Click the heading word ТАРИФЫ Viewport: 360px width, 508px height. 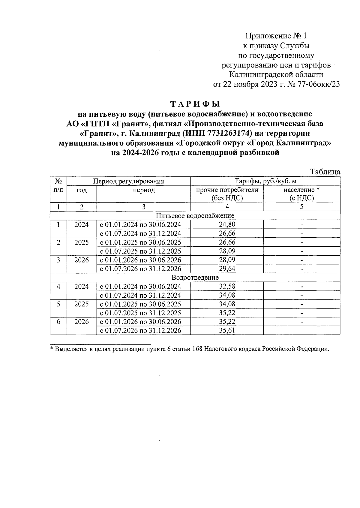(x=195, y=104)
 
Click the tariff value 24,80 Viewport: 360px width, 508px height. (x=227, y=224)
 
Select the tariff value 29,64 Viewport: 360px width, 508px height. (x=227, y=269)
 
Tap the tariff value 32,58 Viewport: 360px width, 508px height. (x=227, y=286)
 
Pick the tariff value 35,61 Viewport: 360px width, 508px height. (x=227, y=330)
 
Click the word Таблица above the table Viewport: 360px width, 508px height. (x=325, y=172)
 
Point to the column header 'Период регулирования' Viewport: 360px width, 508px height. (x=128, y=181)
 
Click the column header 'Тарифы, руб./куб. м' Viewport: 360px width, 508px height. (x=265, y=181)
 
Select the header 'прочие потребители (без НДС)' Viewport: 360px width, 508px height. (x=227, y=194)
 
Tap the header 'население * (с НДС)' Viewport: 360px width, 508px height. (x=301, y=194)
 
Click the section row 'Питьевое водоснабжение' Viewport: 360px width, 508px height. (x=195, y=215)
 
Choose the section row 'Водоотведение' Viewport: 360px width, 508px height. (x=195, y=278)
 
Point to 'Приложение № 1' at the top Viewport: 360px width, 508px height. (x=276, y=36)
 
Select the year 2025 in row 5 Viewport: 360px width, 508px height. (x=82, y=304)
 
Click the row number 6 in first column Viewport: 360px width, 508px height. (x=58, y=322)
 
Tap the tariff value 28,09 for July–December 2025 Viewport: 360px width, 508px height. (x=227, y=251)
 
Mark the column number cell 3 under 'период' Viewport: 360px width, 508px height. (x=143, y=206)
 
